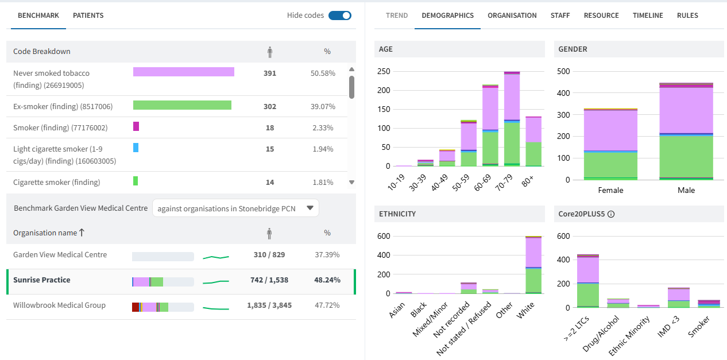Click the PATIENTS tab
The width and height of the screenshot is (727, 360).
click(88, 16)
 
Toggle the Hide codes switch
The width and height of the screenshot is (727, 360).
click(339, 16)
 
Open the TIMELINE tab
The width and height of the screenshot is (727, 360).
click(648, 16)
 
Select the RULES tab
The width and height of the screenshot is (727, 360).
click(687, 16)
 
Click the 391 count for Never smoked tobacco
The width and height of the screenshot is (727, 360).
click(269, 73)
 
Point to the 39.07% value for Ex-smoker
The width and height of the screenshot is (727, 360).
click(322, 107)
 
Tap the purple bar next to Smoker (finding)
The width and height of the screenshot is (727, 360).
click(136, 126)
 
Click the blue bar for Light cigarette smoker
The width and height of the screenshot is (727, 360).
click(136, 148)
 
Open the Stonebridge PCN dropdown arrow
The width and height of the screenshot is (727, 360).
click(310, 208)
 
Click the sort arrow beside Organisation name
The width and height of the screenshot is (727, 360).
click(82, 233)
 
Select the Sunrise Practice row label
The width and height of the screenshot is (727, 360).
click(42, 280)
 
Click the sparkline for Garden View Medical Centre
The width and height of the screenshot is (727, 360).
click(216, 257)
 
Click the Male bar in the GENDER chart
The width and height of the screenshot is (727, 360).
click(686, 131)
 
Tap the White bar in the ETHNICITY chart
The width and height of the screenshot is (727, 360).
click(533, 265)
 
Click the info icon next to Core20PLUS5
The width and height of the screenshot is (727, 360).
click(611, 214)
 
